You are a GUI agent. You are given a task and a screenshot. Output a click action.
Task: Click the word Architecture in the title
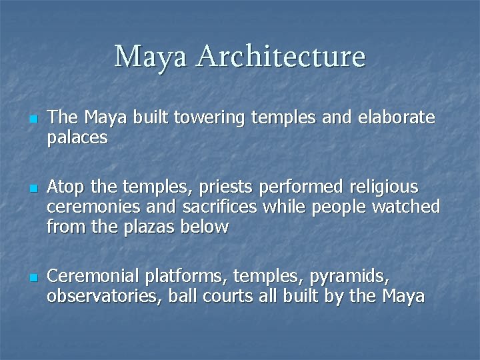pos(281,57)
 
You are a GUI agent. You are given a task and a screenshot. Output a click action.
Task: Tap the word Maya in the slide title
pos(151,57)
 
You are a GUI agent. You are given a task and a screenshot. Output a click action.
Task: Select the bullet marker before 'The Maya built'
pos(32,120)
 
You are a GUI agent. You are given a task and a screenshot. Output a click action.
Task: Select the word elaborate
pos(397,118)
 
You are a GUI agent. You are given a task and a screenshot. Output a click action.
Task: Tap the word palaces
pos(77,138)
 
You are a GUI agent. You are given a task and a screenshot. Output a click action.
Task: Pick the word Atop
pos(67,187)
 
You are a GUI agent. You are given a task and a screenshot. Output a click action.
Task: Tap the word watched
pos(405,207)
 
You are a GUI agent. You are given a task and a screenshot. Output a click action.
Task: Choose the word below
pos(207,227)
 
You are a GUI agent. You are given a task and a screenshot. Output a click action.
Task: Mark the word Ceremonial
pos(94,276)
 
